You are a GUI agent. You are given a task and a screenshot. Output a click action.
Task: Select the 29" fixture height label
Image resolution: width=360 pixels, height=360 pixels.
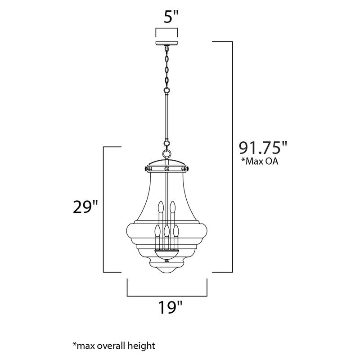tap(85, 207)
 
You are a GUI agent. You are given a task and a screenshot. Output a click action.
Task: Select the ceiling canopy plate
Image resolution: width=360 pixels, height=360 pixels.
tap(166, 44)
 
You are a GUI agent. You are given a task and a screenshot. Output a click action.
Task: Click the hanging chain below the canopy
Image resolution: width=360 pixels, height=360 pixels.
tap(167, 67)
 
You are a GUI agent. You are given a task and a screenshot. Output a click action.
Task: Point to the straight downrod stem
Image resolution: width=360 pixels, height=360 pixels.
tap(167, 115)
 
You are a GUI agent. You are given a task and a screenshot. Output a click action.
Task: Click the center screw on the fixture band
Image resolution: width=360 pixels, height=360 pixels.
tap(167, 168)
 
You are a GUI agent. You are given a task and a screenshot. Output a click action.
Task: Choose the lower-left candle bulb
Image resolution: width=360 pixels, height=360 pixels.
tap(157, 232)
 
